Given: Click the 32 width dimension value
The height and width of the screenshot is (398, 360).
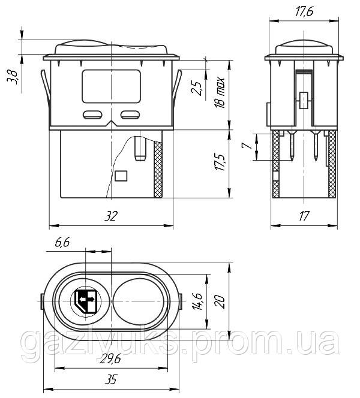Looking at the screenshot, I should coord(110,218).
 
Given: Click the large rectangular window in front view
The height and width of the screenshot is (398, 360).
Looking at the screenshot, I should coord(110,85).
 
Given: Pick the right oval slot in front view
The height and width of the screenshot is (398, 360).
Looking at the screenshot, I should coord(129,115).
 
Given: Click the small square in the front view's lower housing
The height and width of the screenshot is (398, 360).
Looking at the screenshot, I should coord(121,176).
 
